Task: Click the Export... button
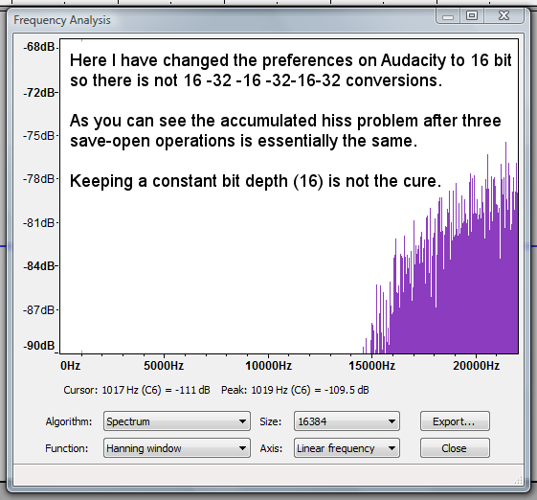pos(455,421)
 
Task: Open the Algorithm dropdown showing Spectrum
pos(177,421)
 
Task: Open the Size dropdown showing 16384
pos(347,421)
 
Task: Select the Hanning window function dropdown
pos(177,448)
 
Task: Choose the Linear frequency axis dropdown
pos(347,448)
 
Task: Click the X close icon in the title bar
pos(503,15)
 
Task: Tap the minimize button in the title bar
pos(448,16)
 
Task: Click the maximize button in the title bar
pos(472,15)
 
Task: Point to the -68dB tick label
pos(39,47)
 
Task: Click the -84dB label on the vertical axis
pos(39,266)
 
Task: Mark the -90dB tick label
pos(39,346)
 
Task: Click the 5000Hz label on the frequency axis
pos(164,366)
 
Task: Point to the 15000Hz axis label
pos(372,366)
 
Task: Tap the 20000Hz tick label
pos(476,366)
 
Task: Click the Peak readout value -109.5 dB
pos(347,390)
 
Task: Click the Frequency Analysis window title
pos(62,20)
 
